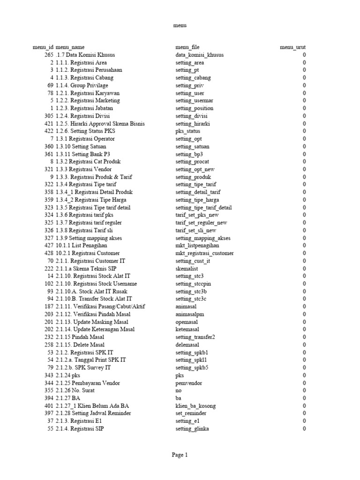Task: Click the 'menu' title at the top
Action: [180, 26]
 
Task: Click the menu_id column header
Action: [43, 47]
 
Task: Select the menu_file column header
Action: [187, 47]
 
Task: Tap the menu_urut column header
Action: [292, 47]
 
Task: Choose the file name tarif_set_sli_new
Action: [196, 230]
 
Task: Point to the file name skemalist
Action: [187, 269]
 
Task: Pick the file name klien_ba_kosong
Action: [195, 406]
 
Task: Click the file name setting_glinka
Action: [192, 429]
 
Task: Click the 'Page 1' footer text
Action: [180, 455]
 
